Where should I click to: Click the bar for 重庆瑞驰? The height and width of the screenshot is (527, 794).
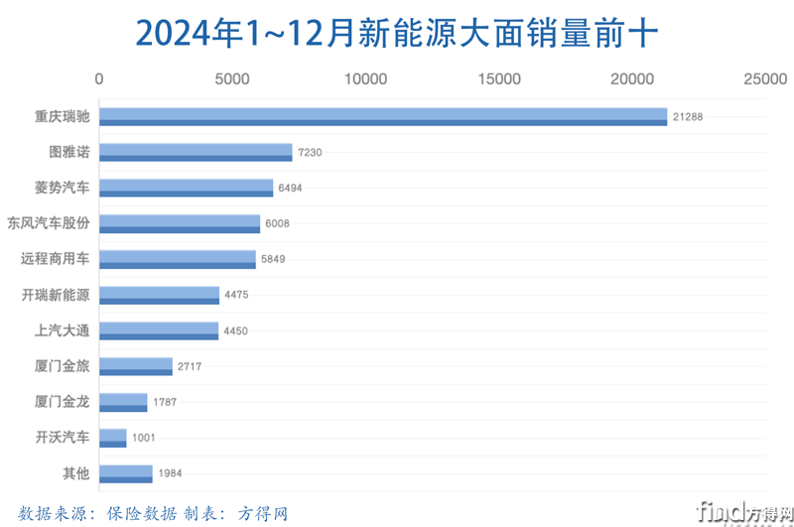click(x=383, y=117)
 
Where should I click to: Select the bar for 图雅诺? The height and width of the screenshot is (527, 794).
click(x=196, y=153)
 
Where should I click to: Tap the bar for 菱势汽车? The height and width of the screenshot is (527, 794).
click(x=186, y=189)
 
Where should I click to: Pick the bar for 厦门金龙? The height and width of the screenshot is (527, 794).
click(x=123, y=402)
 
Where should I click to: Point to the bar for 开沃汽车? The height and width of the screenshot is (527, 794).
click(x=113, y=438)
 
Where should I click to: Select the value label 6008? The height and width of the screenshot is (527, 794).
click(x=276, y=224)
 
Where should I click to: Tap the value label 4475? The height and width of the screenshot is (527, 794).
click(x=235, y=295)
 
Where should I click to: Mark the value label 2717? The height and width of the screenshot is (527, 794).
click(x=189, y=366)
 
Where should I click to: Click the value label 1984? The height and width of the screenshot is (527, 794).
click(x=169, y=473)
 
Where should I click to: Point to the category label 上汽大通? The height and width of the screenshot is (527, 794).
click(x=62, y=330)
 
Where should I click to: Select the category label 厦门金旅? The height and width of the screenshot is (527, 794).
click(x=62, y=366)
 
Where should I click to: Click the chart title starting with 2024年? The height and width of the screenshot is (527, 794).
click(x=396, y=32)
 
